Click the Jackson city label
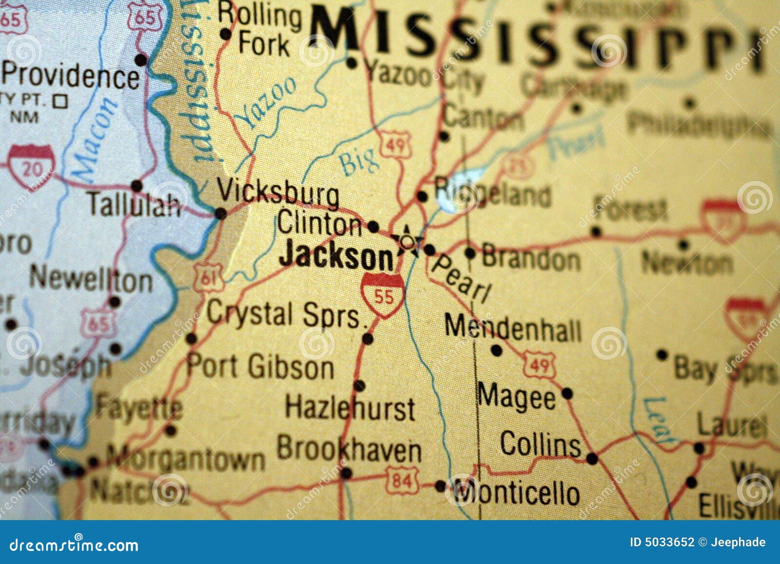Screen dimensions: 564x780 336,255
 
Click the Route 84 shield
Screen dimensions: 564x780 403,481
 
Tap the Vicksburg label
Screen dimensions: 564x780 278,193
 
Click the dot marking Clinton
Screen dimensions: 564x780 373,227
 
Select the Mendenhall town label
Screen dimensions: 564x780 513,329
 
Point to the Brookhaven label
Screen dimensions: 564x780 349,449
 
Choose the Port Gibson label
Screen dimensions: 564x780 260,366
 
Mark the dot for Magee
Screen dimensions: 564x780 567,393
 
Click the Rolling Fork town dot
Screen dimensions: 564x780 225,34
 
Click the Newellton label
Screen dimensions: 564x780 91,280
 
